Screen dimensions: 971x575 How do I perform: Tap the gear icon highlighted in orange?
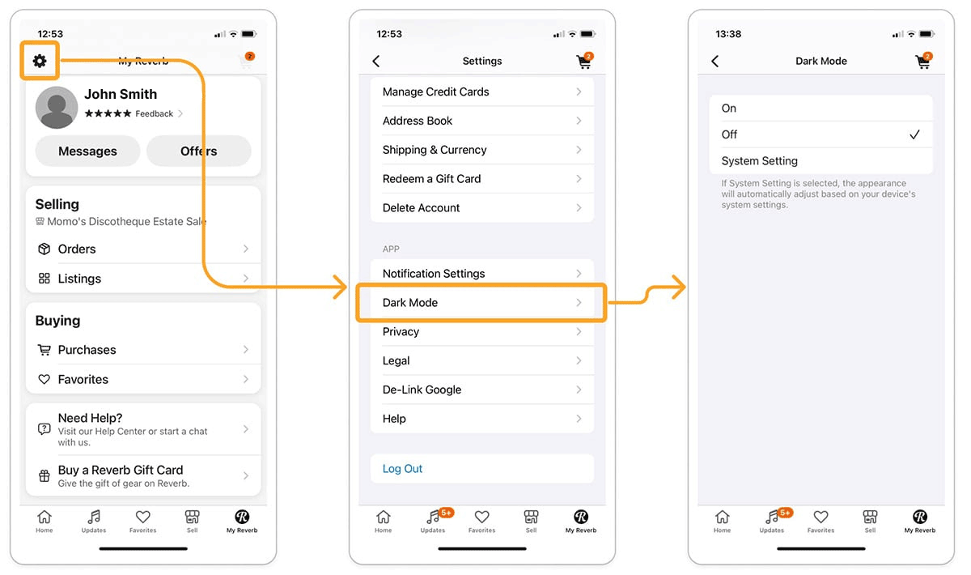click(40, 61)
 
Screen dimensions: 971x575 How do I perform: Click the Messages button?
click(87, 151)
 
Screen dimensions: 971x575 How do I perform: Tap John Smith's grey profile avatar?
click(57, 107)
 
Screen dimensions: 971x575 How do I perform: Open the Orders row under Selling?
click(143, 249)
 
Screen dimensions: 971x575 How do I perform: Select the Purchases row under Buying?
click(143, 350)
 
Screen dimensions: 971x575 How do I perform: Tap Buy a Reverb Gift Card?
click(143, 475)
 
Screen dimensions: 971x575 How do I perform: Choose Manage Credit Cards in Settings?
click(482, 92)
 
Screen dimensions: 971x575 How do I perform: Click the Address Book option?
click(482, 121)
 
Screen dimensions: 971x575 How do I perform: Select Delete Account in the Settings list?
click(482, 208)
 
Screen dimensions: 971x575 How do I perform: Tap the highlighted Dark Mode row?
click(481, 302)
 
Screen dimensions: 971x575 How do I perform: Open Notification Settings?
click(482, 274)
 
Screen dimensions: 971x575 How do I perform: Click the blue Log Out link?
click(402, 469)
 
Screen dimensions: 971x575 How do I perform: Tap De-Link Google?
click(482, 390)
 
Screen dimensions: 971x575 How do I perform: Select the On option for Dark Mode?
click(820, 108)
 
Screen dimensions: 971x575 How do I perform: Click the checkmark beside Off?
click(914, 134)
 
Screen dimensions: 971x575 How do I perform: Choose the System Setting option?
click(820, 161)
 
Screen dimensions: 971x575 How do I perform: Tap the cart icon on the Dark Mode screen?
click(923, 62)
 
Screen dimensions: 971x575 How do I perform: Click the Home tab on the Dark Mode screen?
click(722, 521)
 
